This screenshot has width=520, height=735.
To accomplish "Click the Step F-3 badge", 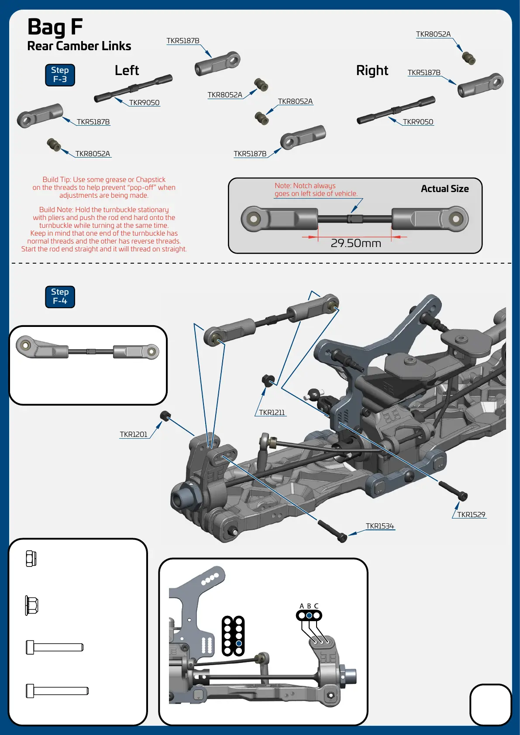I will click(60, 75).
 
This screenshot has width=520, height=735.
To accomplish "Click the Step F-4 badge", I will click(60, 296).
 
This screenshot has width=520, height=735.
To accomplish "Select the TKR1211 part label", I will click(272, 412).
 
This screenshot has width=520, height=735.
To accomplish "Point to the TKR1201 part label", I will click(134, 434).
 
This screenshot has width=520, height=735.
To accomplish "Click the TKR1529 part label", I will click(471, 515).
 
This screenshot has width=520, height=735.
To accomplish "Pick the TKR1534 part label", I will click(380, 526).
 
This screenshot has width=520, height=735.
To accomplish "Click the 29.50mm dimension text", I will click(356, 243).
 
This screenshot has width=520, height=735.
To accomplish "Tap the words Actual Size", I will click(444, 189).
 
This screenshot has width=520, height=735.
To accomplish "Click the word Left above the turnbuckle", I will click(127, 70).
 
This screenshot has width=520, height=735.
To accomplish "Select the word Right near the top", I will click(372, 70).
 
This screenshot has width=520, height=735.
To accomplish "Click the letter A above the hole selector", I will click(302, 606).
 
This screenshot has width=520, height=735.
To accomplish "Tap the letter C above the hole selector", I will click(316, 606).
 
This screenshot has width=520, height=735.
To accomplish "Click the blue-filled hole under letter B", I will click(309, 615).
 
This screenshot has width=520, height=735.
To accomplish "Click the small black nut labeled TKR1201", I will click(165, 416).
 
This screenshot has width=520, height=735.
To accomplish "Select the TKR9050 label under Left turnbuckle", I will click(144, 103).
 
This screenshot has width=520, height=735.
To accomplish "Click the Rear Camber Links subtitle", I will click(79, 46).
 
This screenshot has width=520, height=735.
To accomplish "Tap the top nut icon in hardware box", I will click(31, 558).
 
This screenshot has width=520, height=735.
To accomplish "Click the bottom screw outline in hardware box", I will click(57, 690).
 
